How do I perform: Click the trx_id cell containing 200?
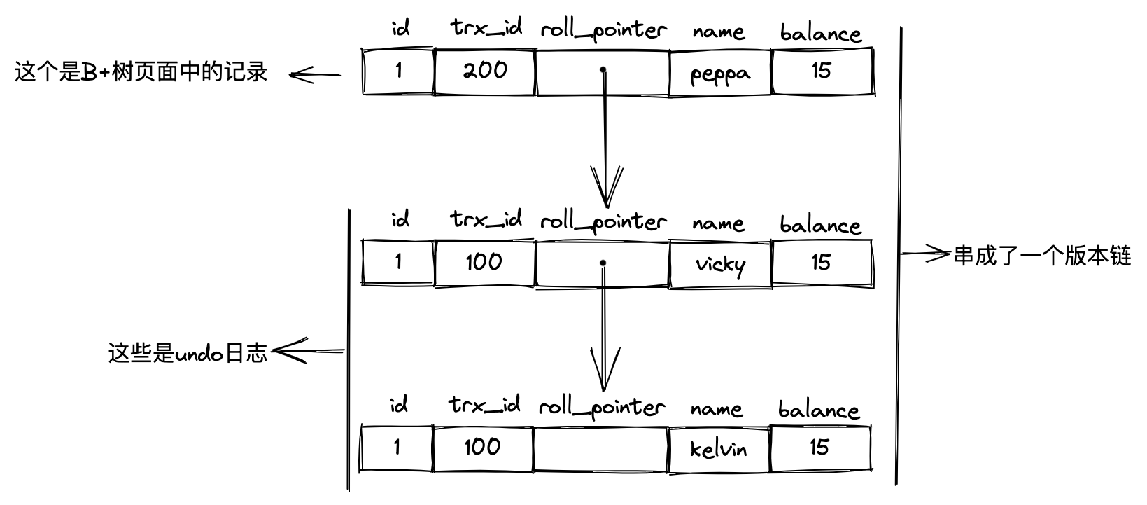(x=484, y=71)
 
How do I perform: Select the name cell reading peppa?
(x=720, y=72)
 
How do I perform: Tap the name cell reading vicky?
(x=720, y=263)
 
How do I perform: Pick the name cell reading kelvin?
(x=718, y=448)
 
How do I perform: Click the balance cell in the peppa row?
(x=822, y=71)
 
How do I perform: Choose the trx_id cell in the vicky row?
(x=484, y=263)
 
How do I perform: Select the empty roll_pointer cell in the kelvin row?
(x=600, y=448)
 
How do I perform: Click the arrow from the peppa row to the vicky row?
(x=603, y=140)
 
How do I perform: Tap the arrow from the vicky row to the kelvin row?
(x=603, y=329)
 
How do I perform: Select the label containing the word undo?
(x=188, y=352)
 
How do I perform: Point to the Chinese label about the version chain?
(x=1042, y=256)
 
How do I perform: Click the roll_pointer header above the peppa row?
(x=603, y=30)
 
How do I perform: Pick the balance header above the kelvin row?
(x=818, y=410)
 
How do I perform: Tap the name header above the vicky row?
(x=717, y=223)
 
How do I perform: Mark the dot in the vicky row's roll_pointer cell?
(x=603, y=263)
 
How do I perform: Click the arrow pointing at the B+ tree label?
(x=314, y=75)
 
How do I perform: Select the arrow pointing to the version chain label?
(x=925, y=254)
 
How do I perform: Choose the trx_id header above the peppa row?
(x=486, y=29)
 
